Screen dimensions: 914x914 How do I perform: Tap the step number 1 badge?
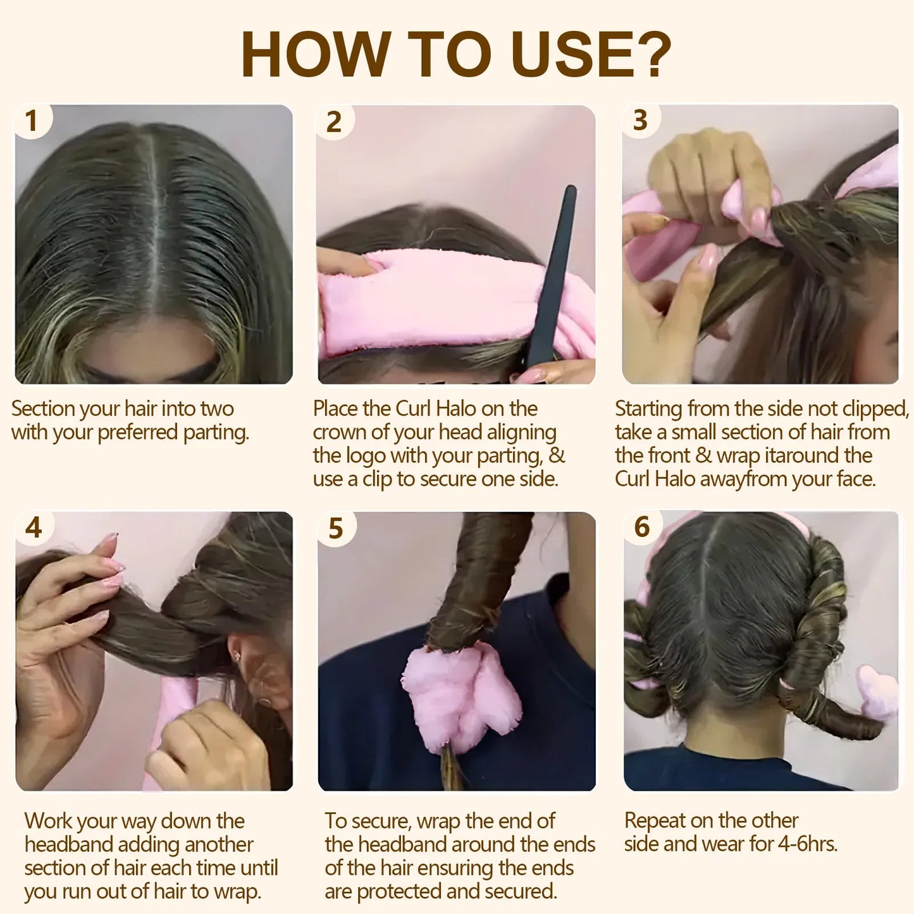tap(31, 121)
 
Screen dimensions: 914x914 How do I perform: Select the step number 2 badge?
tap(334, 121)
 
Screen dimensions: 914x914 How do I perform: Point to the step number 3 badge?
tap(640, 120)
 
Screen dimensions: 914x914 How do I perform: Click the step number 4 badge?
tap(33, 528)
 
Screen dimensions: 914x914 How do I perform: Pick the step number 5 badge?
tap(336, 528)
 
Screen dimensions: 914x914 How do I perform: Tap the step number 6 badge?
tap(642, 526)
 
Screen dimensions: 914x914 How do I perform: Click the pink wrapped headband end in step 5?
tap(459, 696)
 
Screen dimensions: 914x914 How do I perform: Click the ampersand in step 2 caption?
tap(557, 455)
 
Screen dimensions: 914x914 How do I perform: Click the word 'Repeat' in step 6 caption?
tap(655, 820)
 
